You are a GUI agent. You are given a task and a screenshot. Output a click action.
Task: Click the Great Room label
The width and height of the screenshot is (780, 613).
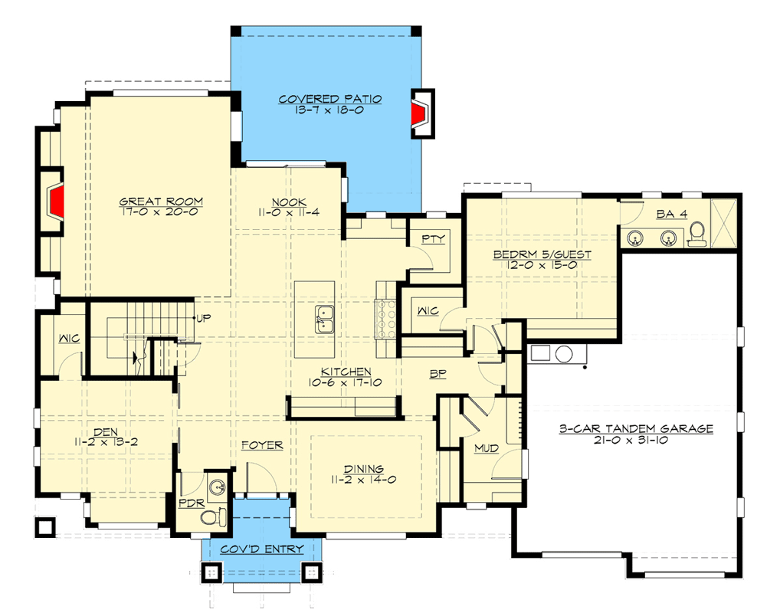click(161, 202)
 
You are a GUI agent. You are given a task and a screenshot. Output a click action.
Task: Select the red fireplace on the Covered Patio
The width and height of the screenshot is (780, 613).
click(418, 115)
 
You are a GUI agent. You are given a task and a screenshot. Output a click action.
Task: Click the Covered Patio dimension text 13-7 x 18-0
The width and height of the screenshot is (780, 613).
click(330, 110)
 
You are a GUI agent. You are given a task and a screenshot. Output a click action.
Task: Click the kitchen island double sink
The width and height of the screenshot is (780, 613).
click(325, 318)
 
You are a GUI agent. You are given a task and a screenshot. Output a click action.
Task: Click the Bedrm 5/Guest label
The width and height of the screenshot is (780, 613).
click(542, 254)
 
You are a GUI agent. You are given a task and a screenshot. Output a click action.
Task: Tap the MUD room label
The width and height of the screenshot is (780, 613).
click(483, 447)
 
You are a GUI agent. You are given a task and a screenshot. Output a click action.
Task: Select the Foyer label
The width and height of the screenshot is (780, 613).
click(262, 445)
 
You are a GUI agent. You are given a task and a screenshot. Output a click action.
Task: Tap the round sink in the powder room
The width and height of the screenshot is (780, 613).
click(217, 486)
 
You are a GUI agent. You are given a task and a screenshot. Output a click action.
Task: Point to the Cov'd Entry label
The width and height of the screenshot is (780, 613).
click(262, 549)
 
